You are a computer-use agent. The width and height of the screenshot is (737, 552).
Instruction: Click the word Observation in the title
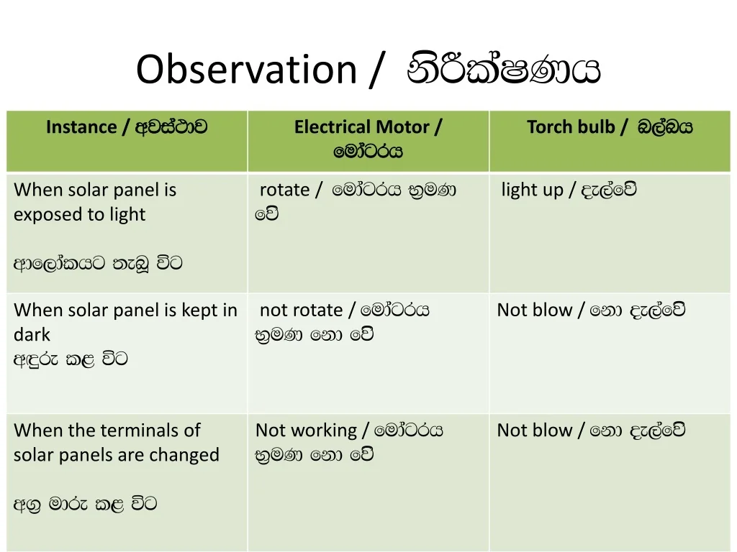246,70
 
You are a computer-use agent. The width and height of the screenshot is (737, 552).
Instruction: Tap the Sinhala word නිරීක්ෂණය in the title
504,70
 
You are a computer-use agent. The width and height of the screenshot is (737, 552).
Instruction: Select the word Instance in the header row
81,127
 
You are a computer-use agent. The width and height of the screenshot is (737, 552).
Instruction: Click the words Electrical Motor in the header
361,127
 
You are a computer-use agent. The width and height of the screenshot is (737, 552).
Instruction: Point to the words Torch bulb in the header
571,127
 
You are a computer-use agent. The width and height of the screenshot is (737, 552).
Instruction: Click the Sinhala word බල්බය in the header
665,127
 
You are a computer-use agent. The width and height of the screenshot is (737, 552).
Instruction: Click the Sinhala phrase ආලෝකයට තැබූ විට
98,263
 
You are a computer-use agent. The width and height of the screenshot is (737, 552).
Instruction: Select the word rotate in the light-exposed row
284,190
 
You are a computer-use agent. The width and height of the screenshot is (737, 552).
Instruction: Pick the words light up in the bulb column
532,190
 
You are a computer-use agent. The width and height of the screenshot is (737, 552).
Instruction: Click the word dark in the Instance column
32,335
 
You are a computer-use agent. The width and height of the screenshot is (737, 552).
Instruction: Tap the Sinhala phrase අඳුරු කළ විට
71,359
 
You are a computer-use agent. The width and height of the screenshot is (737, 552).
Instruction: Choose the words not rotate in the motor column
301,310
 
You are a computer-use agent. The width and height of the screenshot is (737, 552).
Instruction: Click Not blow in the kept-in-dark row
535,310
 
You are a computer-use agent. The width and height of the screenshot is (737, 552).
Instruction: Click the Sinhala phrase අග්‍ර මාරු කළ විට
85,505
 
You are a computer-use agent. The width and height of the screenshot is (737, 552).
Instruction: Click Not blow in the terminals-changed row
535,431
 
